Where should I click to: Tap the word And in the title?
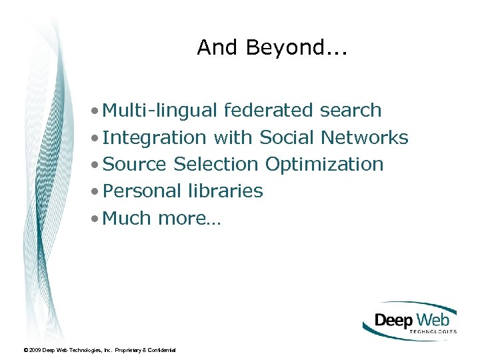[x=213, y=47]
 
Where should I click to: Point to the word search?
[x=351, y=111]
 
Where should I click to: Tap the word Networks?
[x=365, y=138]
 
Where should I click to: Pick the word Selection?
[x=215, y=164]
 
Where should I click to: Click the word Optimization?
[x=324, y=164]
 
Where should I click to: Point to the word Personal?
[x=142, y=191]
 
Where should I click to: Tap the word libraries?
[x=225, y=191]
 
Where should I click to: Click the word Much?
[x=128, y=218]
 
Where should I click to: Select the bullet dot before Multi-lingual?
[x=97, y=111]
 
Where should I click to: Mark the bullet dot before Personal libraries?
[x=97, y=191]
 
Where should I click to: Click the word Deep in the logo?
[x=393, y=321]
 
